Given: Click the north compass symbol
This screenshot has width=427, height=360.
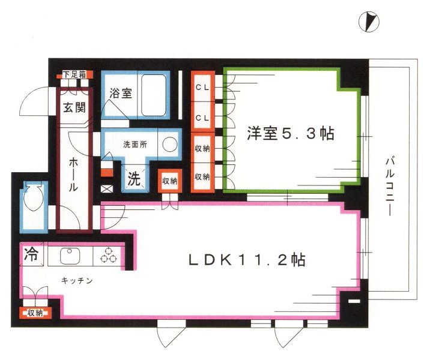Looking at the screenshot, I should (x=371, y=22).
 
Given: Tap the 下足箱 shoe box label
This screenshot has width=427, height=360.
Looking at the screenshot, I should (x=75, y=75).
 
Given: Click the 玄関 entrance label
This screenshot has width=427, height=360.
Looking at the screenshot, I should (x=75, y=109).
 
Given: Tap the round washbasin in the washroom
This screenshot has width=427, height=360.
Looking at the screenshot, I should (x=171, y=144).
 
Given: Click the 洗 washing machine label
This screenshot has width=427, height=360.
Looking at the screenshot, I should (x=135, y=179).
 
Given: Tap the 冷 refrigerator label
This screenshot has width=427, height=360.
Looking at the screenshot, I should (x=30, y=254).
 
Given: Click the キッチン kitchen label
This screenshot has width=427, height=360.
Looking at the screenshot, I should (x=76, y=280).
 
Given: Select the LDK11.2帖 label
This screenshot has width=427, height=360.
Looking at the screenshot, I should (x=246, y=260).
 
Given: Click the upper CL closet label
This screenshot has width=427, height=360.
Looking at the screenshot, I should (x=202, y=88).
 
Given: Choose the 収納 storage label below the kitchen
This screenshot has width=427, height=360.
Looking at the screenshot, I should (x=35, y=312).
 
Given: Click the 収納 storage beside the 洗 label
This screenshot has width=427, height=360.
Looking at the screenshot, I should (x=169, y=181).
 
